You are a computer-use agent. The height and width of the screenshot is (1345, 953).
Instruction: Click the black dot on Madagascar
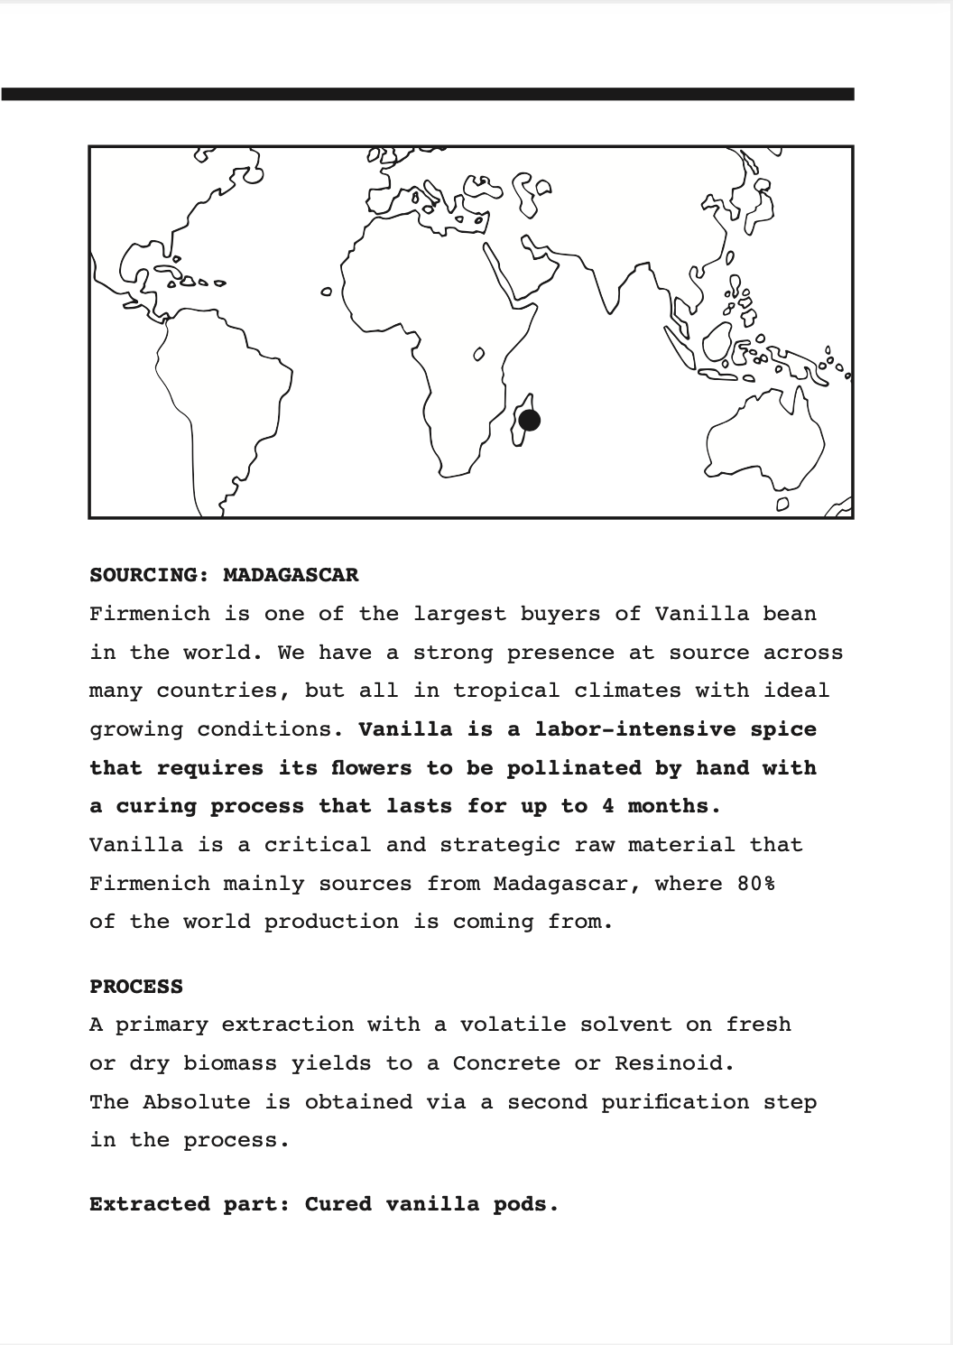coord(530,420)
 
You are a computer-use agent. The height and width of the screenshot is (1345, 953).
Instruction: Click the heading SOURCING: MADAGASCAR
coord(224,575)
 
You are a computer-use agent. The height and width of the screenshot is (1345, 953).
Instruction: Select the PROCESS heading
coord(136,987)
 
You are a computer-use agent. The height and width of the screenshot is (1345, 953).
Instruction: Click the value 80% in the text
coord(755,884)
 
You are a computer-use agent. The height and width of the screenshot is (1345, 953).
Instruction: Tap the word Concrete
coord(506,1063)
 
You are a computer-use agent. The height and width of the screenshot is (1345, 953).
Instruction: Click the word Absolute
coord(197,1102)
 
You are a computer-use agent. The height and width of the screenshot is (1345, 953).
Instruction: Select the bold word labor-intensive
coord(635,729)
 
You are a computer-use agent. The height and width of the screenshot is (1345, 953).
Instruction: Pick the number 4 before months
coord(608,806)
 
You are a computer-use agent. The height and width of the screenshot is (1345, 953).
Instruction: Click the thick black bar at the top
coord(428,94)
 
